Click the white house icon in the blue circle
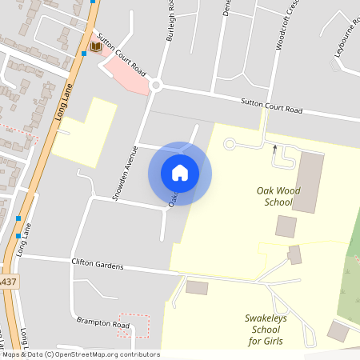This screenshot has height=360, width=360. click(180, 173)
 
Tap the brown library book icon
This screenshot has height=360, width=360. click(96, 48)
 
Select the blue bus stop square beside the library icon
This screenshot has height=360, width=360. click(84, 54)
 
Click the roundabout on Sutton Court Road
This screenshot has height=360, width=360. click(156, 85)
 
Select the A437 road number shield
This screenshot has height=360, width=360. click(7, 282)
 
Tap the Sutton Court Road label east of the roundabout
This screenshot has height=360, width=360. click(272, 105)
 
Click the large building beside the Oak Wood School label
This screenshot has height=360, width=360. click(310, 182)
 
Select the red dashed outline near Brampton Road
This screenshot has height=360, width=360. click(134, 325)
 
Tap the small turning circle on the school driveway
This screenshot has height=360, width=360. click(229, 144)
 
